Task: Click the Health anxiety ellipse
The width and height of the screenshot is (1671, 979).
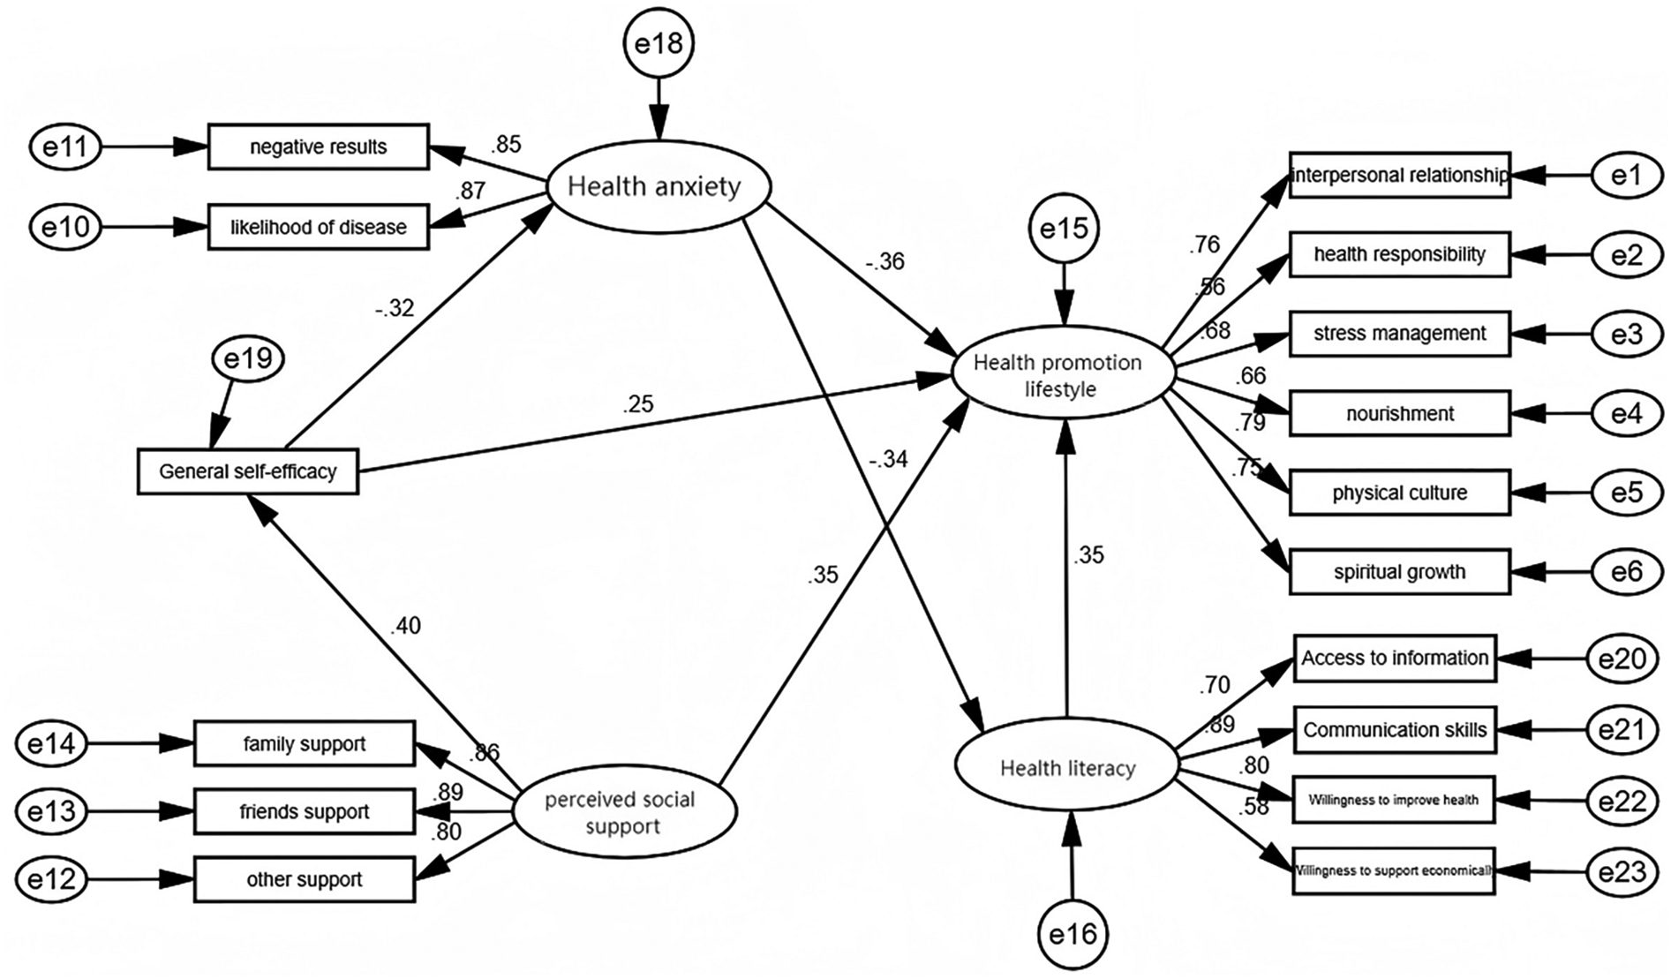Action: pyautogui.click(x=659, y=186)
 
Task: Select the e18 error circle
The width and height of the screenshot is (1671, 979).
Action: pyautogui.click(x=659, y=43)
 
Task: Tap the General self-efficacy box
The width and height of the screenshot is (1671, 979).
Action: pyautogui.click(x=248, y=471)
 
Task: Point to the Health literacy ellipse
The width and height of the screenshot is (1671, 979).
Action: pyautogui.click(x=1067, y=768)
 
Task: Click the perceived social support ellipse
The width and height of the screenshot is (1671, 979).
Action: pyautogui.click(x=624, y=812)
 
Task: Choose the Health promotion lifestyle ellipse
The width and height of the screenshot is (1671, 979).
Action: pyautogui.click(x=1063, y=375)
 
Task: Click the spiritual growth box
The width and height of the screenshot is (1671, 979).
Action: pyautogui.click(x=1399, y=571)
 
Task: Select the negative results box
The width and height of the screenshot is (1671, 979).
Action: pyautogui.click(x=318, y=147)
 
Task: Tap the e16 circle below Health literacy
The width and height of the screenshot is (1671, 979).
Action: pyautogui.click(x=1073, y=934)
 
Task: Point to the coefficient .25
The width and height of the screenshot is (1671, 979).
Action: pyautogui.click(x=637, y=404)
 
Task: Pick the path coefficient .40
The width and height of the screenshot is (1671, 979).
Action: pyautogui.click(x=405, y=626)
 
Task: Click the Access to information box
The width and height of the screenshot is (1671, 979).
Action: pyautogui.click(x=1395, y=658)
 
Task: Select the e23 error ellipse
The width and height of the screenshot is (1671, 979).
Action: pyautogui.click(x=1622, y=872)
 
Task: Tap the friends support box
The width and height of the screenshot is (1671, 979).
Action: pyautogui.click(x=304, y=811)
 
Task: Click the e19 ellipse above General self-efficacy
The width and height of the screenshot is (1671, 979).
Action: pyautogui.click(x=248, y=358)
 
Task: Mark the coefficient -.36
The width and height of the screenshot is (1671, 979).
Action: pyautogui.click(x=884, y=261)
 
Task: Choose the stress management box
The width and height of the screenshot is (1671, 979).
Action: pyautogui.click(x=1399, y=334)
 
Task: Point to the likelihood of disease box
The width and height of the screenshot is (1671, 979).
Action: pyautogui.click(x=318, y=227)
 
